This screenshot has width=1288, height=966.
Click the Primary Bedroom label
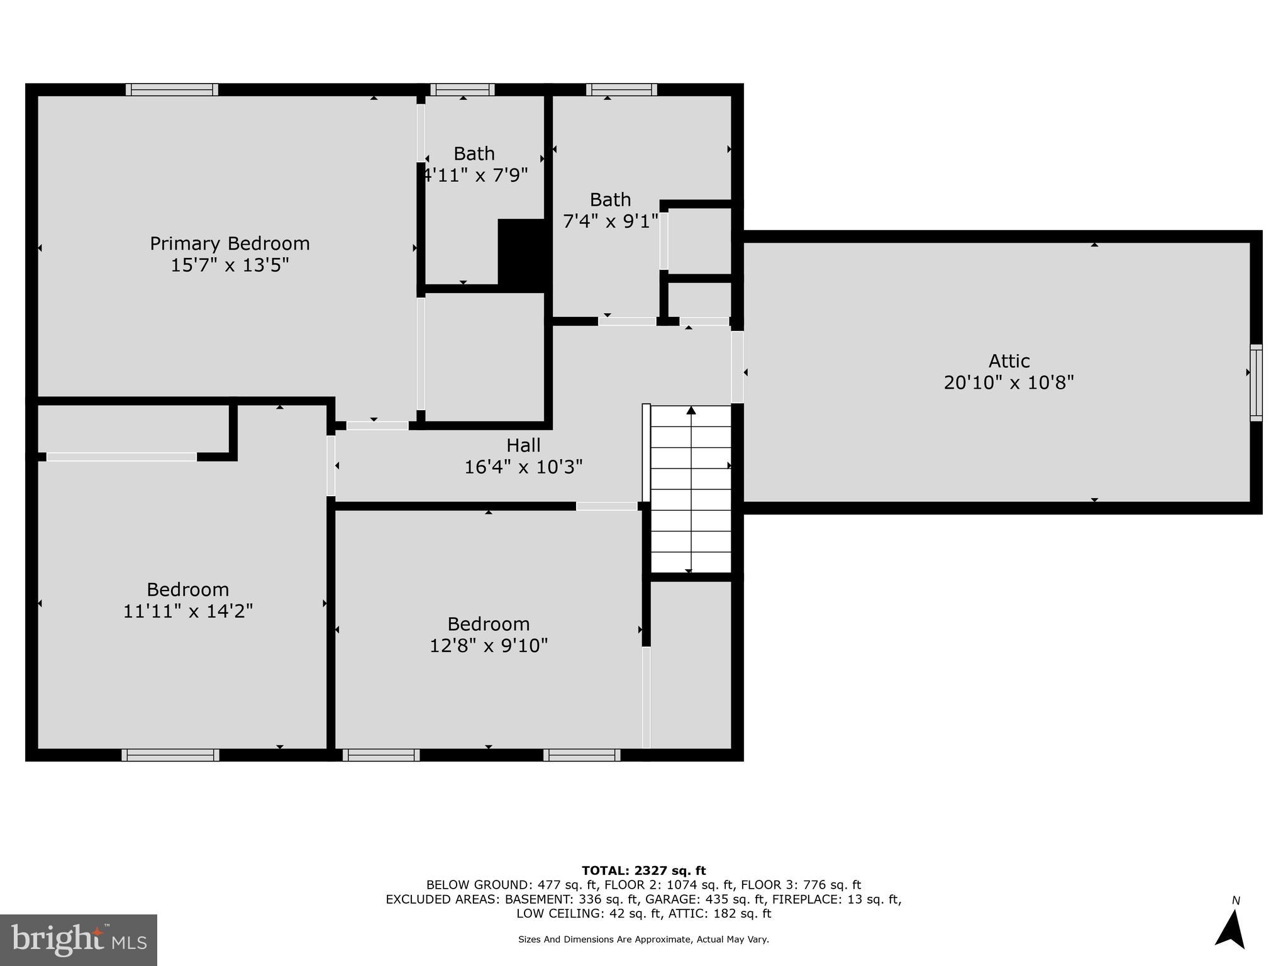(230, 243)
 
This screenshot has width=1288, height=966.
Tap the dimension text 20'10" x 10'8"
(1009, 382)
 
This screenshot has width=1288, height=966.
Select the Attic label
(1009, 361)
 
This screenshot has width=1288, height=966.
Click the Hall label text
(523, 445)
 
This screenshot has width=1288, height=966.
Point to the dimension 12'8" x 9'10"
(489, 646)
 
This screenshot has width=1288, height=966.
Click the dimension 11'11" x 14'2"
(187, 611)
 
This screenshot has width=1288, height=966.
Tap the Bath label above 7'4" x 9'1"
(610, 200)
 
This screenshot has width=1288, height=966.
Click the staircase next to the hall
(691, 489)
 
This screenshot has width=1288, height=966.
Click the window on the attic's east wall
(1255, 382)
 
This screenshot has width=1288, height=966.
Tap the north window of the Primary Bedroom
(172, 89)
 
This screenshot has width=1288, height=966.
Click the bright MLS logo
(79, 940)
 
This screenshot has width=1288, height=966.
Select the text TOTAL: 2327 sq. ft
(643, 870)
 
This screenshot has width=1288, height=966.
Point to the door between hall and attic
(737, 367)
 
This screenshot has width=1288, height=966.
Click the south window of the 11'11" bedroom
(170, 755)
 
